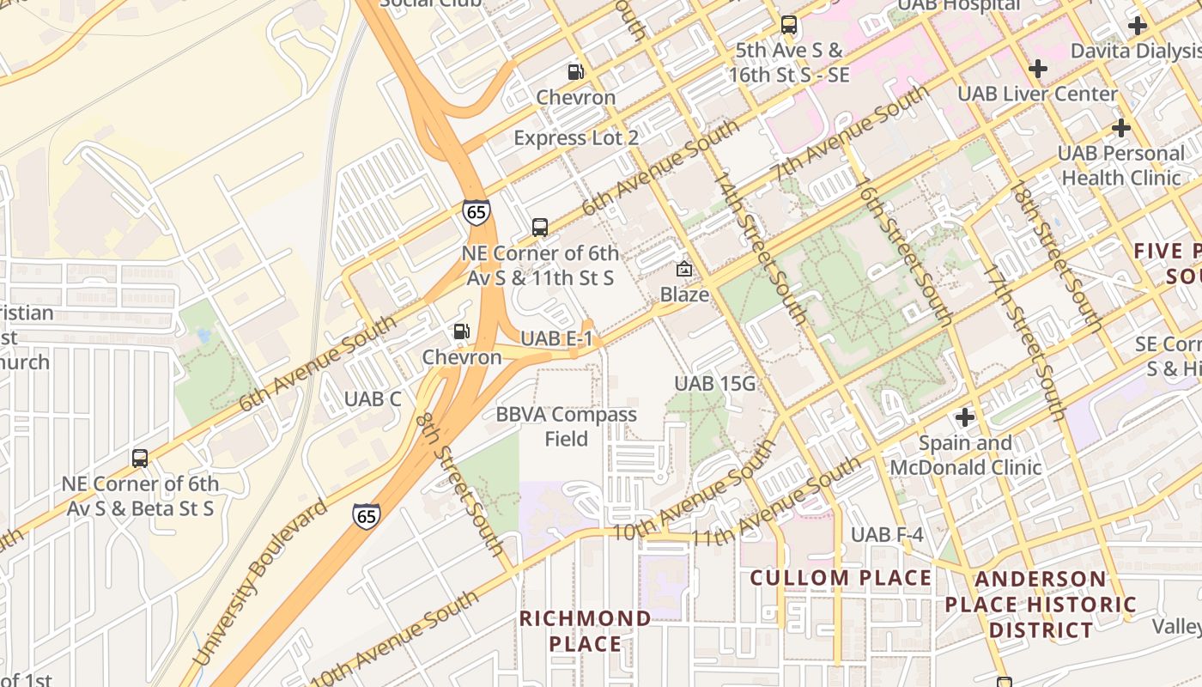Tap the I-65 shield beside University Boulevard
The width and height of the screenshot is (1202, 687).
point(366,515)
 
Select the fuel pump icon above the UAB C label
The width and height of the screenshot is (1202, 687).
point(462,331)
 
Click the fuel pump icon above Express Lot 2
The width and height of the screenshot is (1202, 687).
point(575,72)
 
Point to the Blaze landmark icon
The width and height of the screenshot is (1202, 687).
point(684,269)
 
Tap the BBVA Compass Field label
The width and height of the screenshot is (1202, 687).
point(567,427)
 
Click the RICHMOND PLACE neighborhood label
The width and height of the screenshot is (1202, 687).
point(585,631)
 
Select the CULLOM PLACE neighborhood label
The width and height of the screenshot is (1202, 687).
point(841,578)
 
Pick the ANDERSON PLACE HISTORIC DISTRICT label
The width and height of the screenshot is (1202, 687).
point(1041,605)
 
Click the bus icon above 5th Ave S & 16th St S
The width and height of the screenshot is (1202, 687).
point(788,25)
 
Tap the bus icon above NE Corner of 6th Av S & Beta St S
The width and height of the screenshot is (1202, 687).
point(140,459)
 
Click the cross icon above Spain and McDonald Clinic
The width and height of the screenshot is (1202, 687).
point(965,417)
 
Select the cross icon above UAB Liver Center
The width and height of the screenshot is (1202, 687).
point(1038,68)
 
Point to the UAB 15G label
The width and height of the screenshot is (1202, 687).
point(714,384)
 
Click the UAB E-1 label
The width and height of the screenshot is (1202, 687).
point(557,338)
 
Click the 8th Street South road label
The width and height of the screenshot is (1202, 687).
point(460,485)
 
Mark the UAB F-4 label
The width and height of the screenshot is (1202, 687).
point(887,535)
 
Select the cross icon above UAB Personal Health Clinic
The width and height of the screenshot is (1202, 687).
point(1120,128)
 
